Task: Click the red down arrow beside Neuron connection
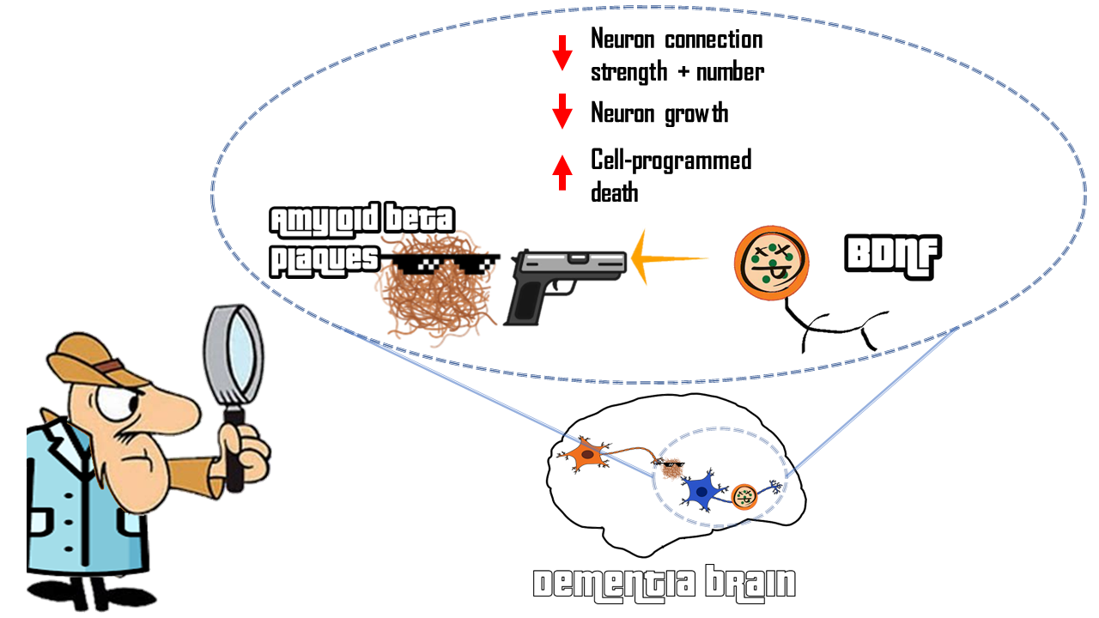pyautogui.click(x=562, y=52)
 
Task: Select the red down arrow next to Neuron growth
pyautogui.click(x=562, y=112)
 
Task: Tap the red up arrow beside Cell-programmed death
pyautogui.click(x=562, y=172)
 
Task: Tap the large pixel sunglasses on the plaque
pyautogui.click(x=440, y=263)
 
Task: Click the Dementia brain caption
pyautogui.click(x=664, y=585)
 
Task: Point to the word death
pyautogui.click(x=614, y=191)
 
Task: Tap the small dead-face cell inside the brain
pyautogui.click(x=744, y=495)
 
